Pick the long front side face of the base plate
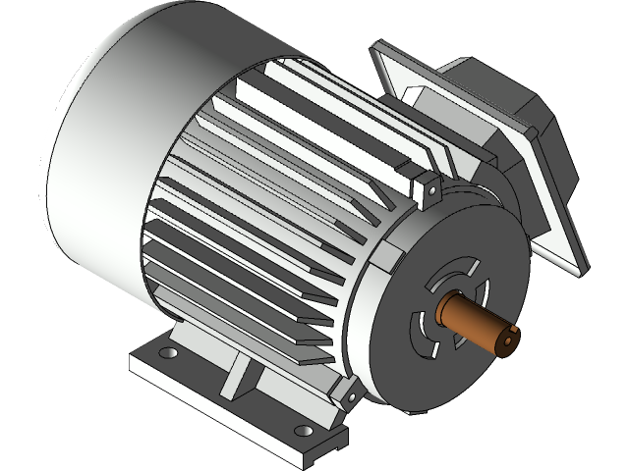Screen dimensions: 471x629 pyautogui.click(x=216, y=402)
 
